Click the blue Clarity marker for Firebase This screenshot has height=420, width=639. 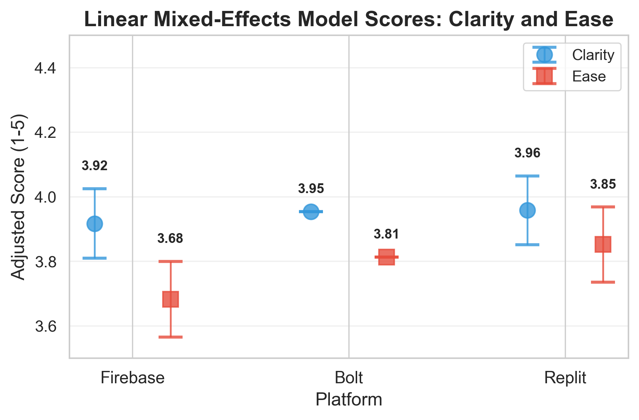click(95, 223)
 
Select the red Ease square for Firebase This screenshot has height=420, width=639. click(170, 299)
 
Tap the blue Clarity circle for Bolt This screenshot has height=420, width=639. click(311, 211)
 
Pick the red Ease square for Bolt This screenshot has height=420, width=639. click(386, 257)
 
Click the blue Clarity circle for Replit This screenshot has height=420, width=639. click(527, 210)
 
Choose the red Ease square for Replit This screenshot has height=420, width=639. click(603, 244)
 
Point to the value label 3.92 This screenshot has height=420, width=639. click(95, 166)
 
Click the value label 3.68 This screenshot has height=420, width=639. click(170, 239)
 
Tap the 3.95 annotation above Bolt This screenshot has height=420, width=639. click(311, 189)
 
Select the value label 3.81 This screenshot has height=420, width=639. click(386, 234)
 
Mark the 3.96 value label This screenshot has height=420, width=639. click(527, 153)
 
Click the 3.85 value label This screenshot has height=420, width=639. click(603, 184)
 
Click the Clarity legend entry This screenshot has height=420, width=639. click(593, 55)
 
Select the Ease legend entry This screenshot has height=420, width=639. click(589, 76)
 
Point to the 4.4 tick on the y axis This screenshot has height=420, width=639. click(45, 68)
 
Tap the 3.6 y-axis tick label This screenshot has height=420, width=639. click(45, 327)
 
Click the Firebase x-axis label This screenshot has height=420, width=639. click(132, 378)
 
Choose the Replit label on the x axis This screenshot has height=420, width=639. click(565, 378)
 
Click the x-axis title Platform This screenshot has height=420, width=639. click(349, 400)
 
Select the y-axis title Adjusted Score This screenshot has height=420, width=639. click(18, 197)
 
